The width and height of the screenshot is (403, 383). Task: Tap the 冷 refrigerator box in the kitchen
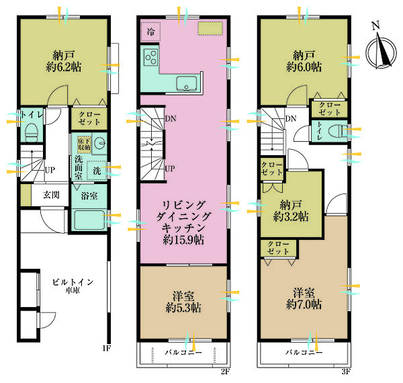pyautogui.click(x=150, y=32)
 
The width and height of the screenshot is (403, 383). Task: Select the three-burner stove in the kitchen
pyautogui.click(x=151, y=57)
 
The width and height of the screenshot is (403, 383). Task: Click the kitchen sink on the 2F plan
pyautogui.click(x=187, y=83)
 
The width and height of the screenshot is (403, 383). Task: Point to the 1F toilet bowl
pyautogui.click(x=32, y=132)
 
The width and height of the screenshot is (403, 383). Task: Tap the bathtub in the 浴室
pyautogui.click(x=89, y=220)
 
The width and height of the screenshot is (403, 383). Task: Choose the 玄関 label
pyautogui.click(x=51, y=195)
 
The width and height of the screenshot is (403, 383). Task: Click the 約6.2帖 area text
pyautogui.click(x=64, y=67)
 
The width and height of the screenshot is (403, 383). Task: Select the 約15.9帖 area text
pyautogui.click(x=183, y=240)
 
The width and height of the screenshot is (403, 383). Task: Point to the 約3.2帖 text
pyautogui.click(x=291, y=216)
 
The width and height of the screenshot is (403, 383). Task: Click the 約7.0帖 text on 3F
pyautogui.click(x=304, y=304)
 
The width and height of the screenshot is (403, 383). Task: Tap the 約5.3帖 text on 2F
pyautogui.click(x=183, y=308)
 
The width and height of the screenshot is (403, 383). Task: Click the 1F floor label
pyautogui.click(x=107, y=348)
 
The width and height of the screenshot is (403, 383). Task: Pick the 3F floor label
pyautogui.click(x=346, y=372)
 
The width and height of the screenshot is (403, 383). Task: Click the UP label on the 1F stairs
pyautogui.click(x=50, y=170)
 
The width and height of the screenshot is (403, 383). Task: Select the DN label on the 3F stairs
pyautogui.click(x=291, y=118)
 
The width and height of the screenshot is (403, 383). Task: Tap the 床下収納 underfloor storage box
pyautogui.click(x=85, y=144)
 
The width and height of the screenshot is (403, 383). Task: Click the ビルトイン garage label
pyautogui.click(x=73, y=282)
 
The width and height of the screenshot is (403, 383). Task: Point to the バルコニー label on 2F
pyautogui.click(x=183, y=352)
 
